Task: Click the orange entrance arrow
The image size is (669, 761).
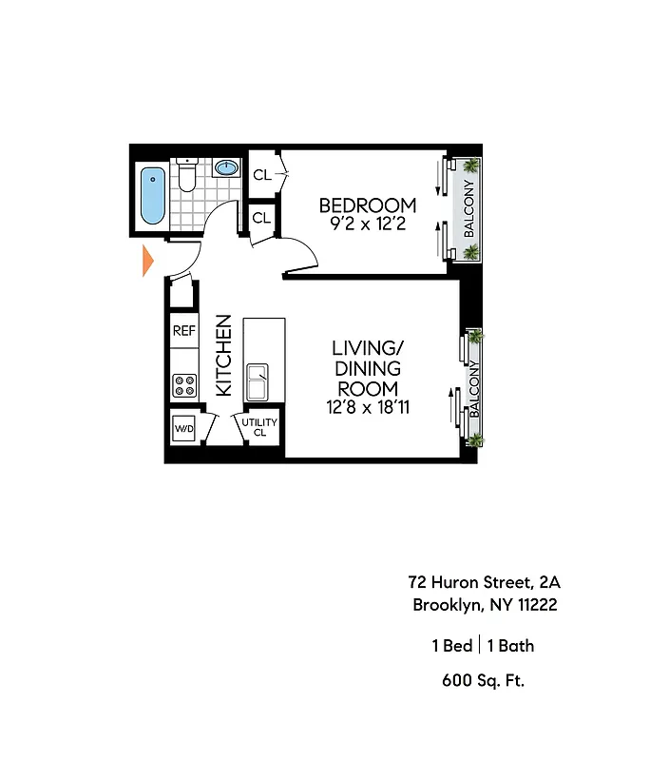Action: (x=147, y=260)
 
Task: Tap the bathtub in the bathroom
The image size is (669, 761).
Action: (x=152, y=195)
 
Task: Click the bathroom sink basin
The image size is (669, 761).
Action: (x=226, y=168)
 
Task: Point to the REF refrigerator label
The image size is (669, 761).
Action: (x=183, y=331)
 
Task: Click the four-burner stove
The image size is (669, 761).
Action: (x=184, y=385)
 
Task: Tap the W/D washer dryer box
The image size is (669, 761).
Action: (x=183, y=429)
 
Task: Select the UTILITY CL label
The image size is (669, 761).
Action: (x=258, y=427)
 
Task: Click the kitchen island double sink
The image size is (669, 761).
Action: (x=258, y=382)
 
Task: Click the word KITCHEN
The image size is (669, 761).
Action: (x=224, y=355)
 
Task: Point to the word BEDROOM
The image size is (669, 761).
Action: (x=367, y=205)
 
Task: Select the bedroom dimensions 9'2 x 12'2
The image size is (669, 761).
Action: (x=367, y=225)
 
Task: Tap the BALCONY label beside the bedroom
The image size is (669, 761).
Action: (x=468, y=210)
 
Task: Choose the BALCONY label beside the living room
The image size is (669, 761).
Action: (x=471, y=391)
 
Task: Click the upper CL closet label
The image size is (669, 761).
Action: (x=262, y=174)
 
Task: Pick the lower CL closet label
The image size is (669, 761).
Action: (x=261, y=218)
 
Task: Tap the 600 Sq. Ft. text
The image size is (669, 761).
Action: (x=484, y=680)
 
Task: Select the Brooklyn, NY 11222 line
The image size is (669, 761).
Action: (x=484, y=605)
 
